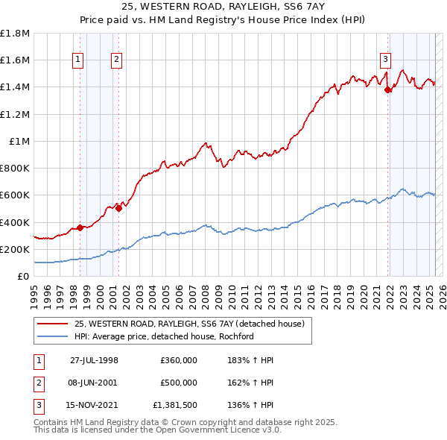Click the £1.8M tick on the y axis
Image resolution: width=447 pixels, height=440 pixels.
15,34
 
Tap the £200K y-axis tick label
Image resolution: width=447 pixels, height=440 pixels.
15,249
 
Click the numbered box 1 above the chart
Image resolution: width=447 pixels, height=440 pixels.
79,60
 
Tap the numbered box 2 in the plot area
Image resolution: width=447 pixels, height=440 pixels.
117,60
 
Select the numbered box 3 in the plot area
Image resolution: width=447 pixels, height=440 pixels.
385,60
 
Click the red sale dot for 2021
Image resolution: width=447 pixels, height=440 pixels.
387,90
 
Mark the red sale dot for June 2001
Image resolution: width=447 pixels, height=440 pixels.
118,209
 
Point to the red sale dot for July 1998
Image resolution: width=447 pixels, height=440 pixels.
80,227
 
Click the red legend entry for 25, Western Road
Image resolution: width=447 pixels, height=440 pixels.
189,324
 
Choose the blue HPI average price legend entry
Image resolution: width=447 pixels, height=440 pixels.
164,336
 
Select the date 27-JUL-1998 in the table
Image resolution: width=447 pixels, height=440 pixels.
94,360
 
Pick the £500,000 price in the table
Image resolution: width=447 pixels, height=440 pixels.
179,383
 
